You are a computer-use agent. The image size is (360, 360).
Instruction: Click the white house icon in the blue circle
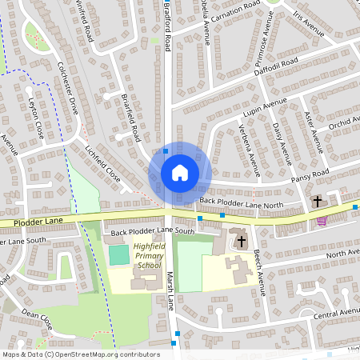click(180, 173)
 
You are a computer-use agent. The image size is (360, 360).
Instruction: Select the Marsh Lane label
click(171, 291)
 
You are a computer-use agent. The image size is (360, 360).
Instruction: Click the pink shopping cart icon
click(322, 222)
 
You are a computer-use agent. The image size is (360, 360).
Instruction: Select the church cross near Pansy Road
click(318, 201)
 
